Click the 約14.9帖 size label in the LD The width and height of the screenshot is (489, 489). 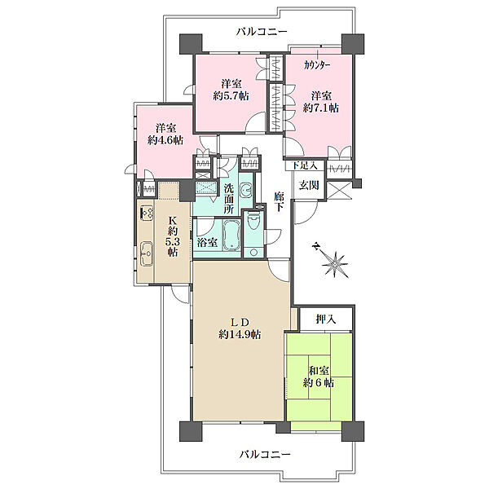[x=240, y=335]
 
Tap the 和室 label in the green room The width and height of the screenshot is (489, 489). [x=319, y=371]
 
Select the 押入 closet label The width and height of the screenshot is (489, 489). [x=325, y=319]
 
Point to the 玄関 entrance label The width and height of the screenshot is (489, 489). [x=309, y=185]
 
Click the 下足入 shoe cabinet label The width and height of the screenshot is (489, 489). [x=304, y=165]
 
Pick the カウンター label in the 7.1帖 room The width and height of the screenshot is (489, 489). [x=317, y=65]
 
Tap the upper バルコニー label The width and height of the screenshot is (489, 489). [x=262, y=32]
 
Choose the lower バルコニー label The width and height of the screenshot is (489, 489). [x=265, y=454]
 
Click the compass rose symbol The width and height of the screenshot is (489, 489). [x=333, y=262]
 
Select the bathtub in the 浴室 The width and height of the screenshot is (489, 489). [x=231, y=236]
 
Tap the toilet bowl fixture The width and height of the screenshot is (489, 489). [x=252, y=221]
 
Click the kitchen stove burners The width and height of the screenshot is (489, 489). [x=147, y=212]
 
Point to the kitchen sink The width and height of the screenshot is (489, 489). [x=146, y=253]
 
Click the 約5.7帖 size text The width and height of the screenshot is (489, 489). [x=231, y=95]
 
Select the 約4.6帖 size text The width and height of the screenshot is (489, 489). [x=165, y=140]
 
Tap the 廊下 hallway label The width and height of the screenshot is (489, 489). [x=279, y=202]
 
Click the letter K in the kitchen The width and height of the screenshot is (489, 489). [x=173, y=221]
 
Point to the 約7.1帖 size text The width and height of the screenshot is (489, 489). [x=321, y=108]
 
